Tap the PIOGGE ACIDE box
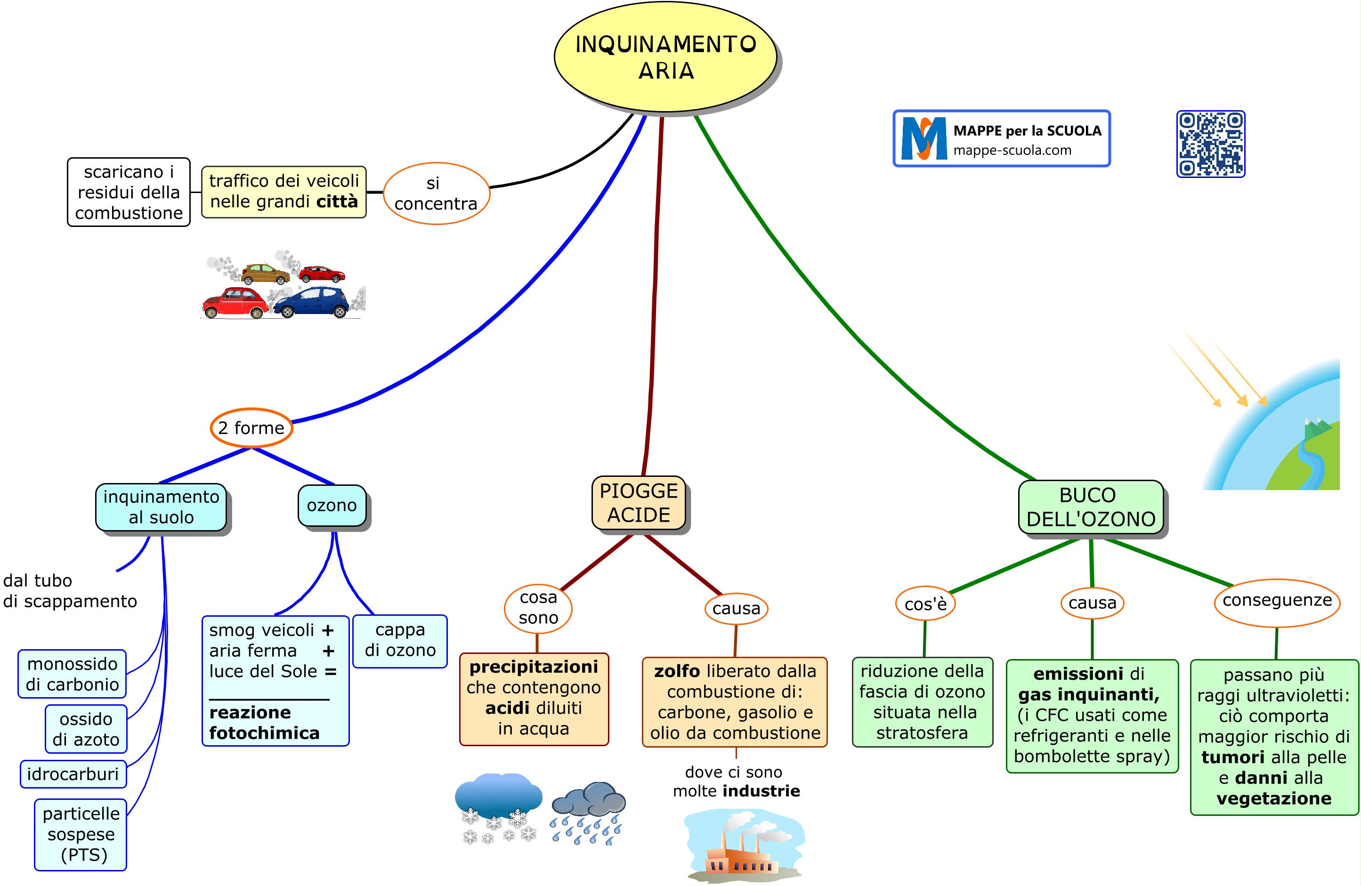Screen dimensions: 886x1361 tap(638, 503)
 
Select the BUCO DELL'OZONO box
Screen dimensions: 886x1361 tap(1091, 507)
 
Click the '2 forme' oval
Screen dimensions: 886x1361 tap(251, 427)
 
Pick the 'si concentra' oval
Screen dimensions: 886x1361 tap(436, 193)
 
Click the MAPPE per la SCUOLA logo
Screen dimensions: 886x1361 tap(1001, 139)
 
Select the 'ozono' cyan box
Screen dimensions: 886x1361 tap(332, 505)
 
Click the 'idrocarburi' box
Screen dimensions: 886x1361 tap(73, 774)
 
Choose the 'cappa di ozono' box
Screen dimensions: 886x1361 tap(400, 640)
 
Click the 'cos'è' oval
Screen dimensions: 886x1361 tap(925, 604)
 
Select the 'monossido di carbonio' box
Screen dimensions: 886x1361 tap(72, 674)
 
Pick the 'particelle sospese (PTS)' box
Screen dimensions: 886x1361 tap(81, 834)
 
